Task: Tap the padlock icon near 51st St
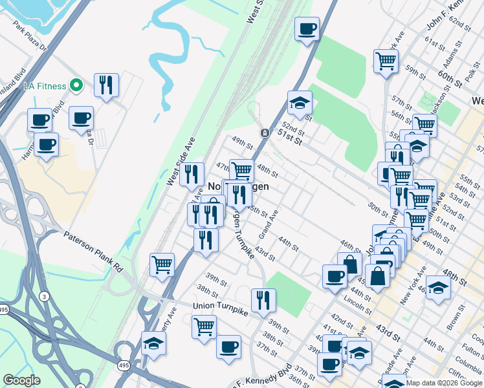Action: [265, 133]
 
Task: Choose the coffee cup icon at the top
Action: [307, 28]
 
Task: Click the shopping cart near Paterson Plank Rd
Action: [162, 263]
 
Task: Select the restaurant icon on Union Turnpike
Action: [263, 299]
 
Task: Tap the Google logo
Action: [21, 380]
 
